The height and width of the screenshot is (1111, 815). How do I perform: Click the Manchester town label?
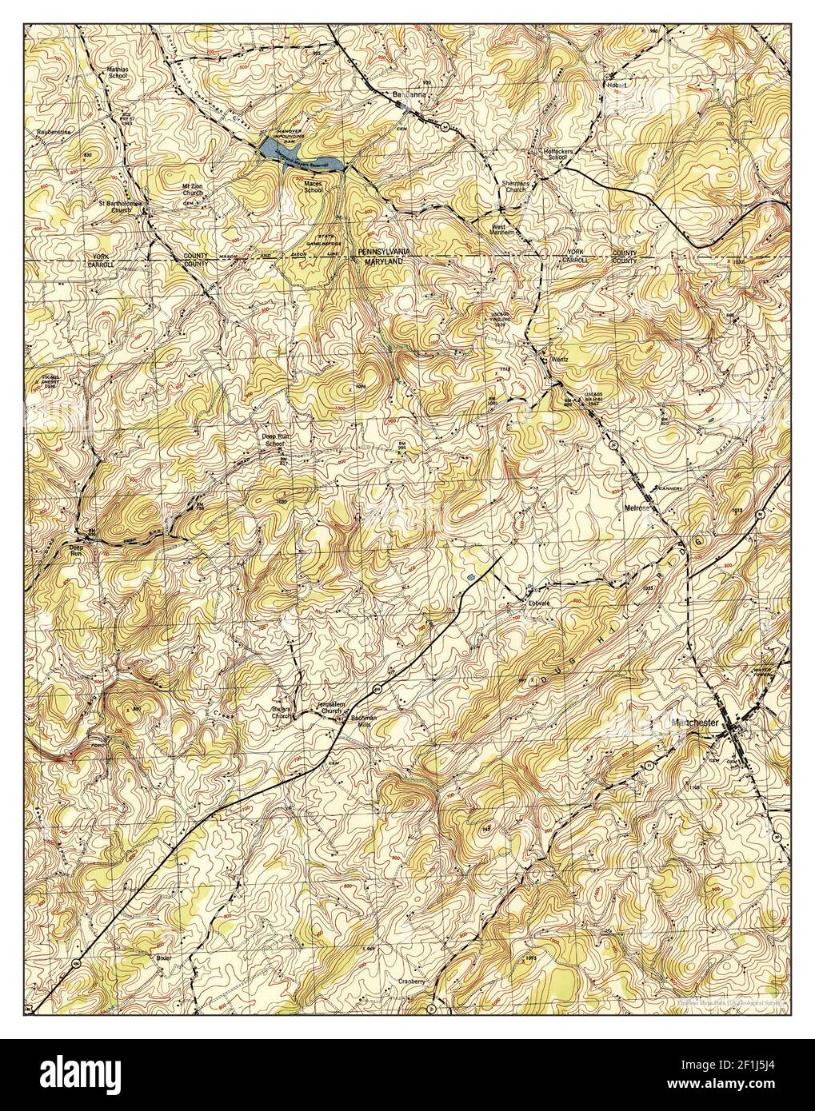click(x=696, y=723)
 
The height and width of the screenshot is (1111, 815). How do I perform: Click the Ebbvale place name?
click(x=537, y=603)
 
